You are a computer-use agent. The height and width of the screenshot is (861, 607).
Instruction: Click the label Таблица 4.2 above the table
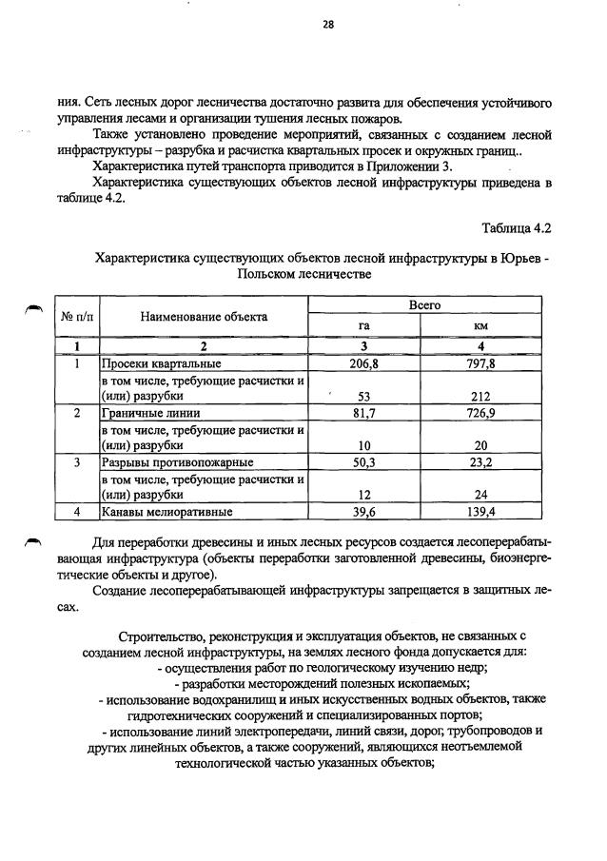coord(516,229)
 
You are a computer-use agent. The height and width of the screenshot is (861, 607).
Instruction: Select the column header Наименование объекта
coord(203,317)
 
